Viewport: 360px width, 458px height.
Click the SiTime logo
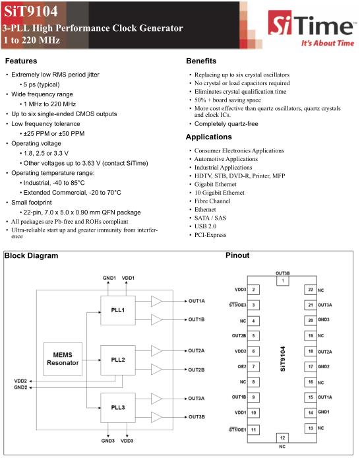[x=312, y=28]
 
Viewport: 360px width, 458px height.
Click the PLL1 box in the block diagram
[x=118, y=310]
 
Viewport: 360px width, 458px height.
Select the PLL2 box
[x=118, y=360]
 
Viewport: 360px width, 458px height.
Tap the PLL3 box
[x=118, y=407]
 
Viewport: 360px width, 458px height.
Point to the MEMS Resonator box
[x=63, y=359]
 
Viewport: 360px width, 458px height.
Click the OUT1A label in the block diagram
[x=196, y=301]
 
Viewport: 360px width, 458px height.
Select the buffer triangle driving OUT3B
[x=157, y=417]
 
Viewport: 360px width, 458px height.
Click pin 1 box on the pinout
[x=283, y=280]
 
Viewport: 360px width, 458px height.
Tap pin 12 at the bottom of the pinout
[x=282, y=438]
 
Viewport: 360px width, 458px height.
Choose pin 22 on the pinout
[x=311, y=290]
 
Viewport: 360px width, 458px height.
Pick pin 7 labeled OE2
[x=253, y=366]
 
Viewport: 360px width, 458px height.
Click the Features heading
[x=21, y=61]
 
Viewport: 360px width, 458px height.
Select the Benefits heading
[x=201, y=61]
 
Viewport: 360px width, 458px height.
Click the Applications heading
[x=209, y=137]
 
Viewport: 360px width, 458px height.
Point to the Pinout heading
[x=237, y=255]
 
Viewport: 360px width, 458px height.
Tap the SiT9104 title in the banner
[x=31, y=11]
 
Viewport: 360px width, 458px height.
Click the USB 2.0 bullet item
[x=205, y=226]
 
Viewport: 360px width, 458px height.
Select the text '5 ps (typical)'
[x=42, y=84]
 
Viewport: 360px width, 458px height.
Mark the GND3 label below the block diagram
[x=108, y=441]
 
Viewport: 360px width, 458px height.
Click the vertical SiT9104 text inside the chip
[x=282, y=359]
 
